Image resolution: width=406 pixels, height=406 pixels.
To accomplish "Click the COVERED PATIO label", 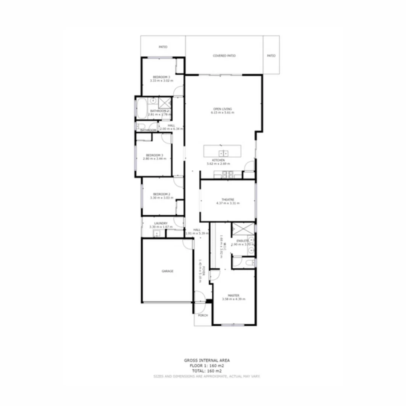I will tap(224, 56).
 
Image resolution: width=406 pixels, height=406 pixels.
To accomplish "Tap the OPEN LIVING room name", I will tap(223, 109).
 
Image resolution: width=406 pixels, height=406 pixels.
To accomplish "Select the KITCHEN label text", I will tap(218, 160).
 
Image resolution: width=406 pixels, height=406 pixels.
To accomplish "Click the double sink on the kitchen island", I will tap(223, 153).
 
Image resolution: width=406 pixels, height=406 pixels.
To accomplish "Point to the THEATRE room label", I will tap(228, 199).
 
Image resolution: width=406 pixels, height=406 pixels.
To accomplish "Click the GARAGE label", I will tap(168, 271).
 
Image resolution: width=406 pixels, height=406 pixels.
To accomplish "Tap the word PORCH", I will tap(203, 315).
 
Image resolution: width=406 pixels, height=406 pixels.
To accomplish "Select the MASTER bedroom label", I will tap(233, 295).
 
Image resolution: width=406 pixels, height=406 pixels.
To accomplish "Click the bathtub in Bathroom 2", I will tap(141, 108).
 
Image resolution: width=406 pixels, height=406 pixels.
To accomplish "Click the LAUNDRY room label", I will tap(161, 223).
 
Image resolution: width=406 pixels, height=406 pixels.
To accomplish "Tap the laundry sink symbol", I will tap(156, 234).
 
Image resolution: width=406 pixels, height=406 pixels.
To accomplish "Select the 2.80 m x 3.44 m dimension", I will tap(155, 159).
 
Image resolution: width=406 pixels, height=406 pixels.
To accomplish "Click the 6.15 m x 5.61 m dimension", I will tap(223, 112).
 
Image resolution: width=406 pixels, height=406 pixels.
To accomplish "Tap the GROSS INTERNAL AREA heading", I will tap(207, 361).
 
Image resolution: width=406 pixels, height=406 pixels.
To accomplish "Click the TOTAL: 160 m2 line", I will tap(207, 371).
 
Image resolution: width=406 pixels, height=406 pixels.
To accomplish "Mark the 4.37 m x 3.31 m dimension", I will tap(228, 203).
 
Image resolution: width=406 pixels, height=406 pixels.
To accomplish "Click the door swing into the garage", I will tap(187, 244).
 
